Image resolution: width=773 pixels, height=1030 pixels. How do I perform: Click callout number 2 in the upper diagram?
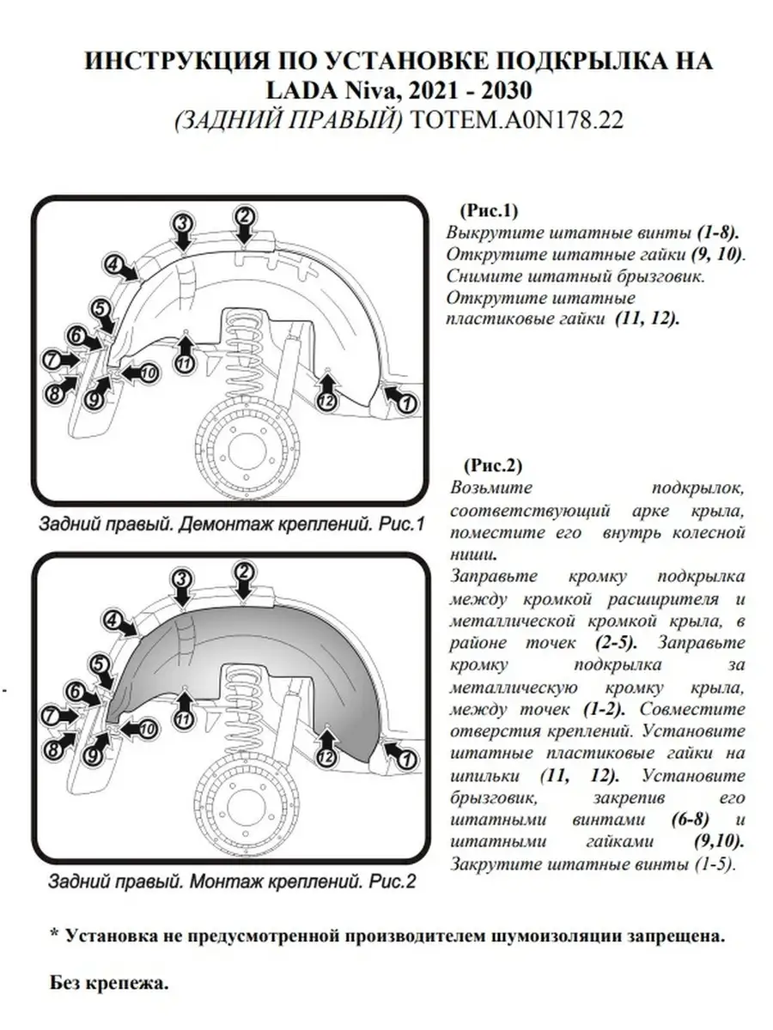coord(244,215)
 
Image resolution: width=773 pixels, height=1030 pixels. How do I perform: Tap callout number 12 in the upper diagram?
coord(326,401)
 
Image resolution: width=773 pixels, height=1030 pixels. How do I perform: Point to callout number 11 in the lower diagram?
coord(182,719)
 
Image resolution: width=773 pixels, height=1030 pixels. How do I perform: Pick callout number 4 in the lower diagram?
coord(112,620)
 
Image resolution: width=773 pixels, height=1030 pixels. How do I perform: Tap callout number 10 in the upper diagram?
coord(147,373)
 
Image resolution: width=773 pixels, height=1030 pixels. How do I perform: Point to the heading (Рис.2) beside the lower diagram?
coord(493,467)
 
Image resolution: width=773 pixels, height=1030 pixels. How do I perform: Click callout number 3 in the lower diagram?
coord(181,580)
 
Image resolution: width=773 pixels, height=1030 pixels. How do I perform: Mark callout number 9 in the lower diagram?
coord(93,755)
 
